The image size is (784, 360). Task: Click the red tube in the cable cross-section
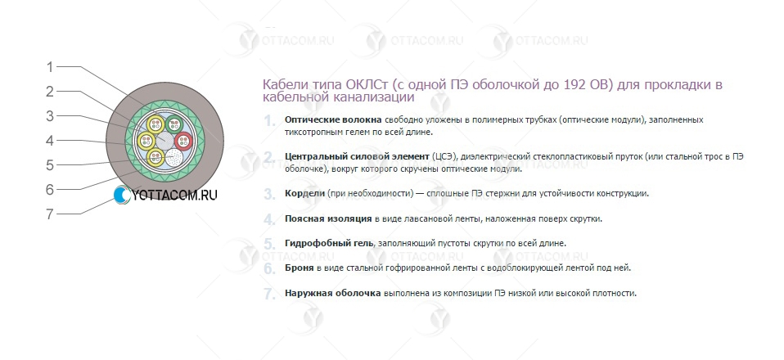tap(183, 141)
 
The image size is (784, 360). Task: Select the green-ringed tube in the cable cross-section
tap(174, 123)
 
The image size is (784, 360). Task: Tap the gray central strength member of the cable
tap(164, 141)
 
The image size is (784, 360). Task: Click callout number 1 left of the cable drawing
tap(49, 66)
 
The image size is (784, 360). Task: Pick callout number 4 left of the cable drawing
tap(49, 141)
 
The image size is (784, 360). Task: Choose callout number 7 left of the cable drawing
tap(49, 214)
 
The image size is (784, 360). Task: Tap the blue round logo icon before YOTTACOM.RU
tap(121, 195)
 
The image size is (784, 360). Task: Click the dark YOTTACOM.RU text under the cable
tap(174, 196)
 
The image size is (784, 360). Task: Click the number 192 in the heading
tap(574, 84)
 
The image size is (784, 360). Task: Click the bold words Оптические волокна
tap(333, 120)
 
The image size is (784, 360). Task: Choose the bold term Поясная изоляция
tap(328, 218)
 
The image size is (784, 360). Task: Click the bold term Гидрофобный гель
tap(329, 243)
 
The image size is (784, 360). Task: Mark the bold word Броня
tap(300, 268)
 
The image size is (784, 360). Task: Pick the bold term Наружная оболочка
tap(333, 293)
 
